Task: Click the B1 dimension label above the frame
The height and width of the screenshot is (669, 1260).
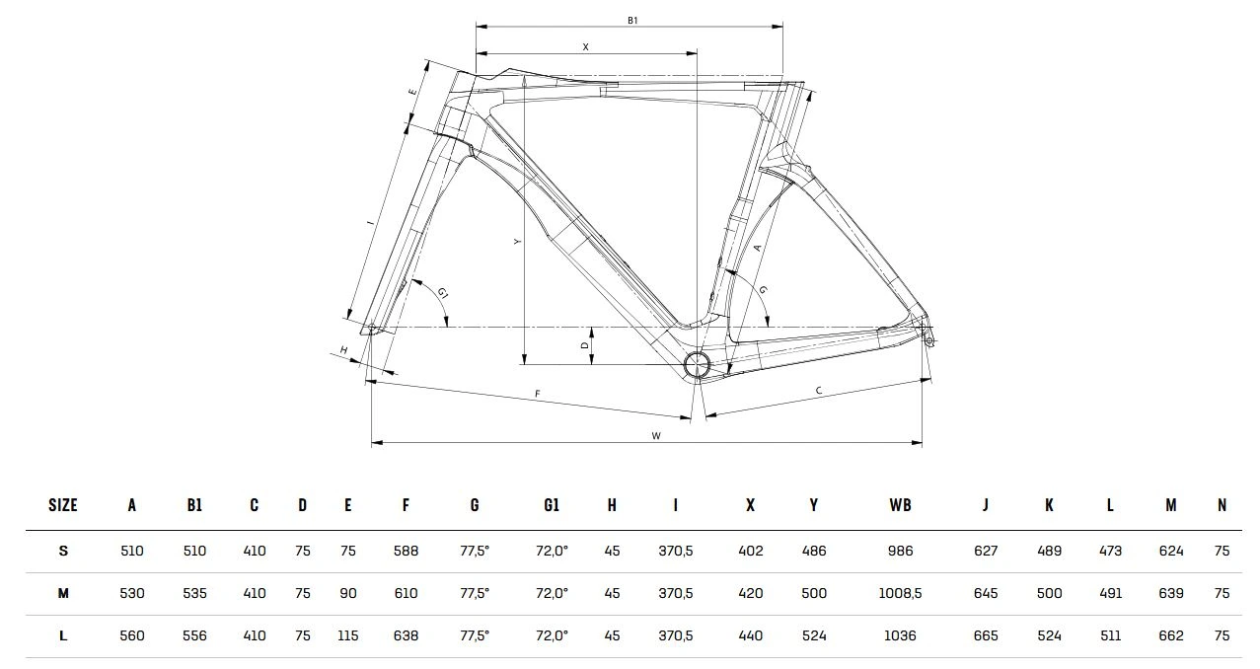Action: click(632, 19)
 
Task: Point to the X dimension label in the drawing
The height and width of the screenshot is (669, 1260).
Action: click(586, 46)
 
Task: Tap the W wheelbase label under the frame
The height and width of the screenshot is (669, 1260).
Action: click(656, 435)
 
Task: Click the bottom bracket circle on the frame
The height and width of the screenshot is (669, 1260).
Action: click(697, 364)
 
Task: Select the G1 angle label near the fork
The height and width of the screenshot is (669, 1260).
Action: click(443, 293)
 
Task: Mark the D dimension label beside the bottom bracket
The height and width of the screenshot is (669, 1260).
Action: click(584, 345)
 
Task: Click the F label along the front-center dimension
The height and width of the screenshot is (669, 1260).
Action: click(538, 394)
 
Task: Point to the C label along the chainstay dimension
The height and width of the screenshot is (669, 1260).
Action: click(819, 391)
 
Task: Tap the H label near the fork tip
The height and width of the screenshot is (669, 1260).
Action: click(344, 350)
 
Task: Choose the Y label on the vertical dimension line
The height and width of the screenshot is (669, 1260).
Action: click(517, 241)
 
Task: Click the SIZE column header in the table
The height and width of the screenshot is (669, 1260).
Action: click(63, 505)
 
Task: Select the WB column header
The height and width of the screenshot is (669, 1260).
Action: click(900, 505)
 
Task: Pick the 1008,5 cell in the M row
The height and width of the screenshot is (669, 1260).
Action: click(900, 593)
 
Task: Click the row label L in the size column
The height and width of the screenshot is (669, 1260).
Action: click(63, 635)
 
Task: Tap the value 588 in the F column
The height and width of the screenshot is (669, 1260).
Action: click(406, 551)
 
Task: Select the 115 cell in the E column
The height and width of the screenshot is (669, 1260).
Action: click(347, 635)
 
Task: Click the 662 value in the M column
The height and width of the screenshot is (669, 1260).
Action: click(1170, 635)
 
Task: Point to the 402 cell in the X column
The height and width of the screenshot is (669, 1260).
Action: click(750, 551)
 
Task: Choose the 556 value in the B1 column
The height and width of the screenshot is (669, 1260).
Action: click(194, 635)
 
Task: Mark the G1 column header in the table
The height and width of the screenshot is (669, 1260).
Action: click(552, 505)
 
